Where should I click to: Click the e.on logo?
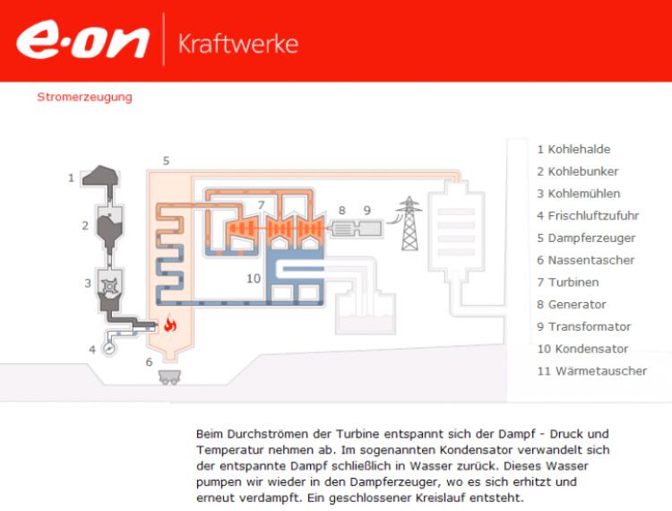[82, 39]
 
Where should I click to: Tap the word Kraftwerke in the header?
[238, 44]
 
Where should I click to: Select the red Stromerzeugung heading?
[84, 97]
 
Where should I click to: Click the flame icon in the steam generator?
[170, 324]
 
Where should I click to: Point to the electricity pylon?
[409, 223]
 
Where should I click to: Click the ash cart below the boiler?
[169, 377]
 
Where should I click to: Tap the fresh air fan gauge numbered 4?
[109, 349]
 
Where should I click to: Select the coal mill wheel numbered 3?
[110, 285]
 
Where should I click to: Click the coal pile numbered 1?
[100, 176]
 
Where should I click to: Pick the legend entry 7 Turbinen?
[568, 282]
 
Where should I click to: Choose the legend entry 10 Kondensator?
[582, 349]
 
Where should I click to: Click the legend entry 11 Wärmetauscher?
[592, 371]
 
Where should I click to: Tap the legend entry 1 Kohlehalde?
[573, 149]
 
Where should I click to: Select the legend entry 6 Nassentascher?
[585, 260]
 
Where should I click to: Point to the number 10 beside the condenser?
[254, 279]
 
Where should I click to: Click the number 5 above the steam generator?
[167, 160]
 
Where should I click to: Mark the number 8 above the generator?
[342, 211]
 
